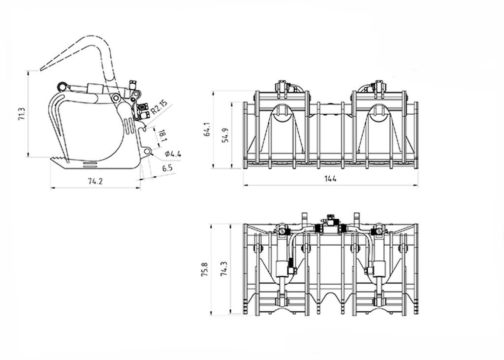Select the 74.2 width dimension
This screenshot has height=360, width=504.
point(94,181)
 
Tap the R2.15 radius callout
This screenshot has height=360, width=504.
point(159,108)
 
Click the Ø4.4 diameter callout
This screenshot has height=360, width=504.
point(173,154)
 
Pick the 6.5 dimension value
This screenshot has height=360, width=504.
point(167,168)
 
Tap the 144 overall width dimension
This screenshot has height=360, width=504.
point(330,179)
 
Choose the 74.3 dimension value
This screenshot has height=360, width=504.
point(224,269)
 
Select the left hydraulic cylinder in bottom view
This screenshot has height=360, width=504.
point(283,268)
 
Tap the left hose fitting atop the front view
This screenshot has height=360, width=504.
point(283,88)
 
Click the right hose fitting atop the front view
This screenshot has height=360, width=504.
point(379,88)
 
